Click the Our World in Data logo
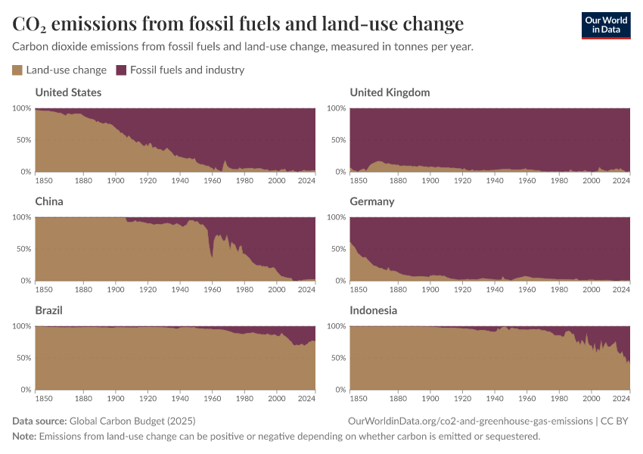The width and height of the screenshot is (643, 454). click(605, 25)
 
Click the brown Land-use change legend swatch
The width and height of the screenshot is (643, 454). click(17, 70)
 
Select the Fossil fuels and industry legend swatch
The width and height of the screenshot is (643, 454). click(121, 70)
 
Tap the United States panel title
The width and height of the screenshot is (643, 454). click(68, 92)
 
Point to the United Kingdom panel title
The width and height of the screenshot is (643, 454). click(390, 92)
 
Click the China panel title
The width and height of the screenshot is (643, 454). click(49, 201)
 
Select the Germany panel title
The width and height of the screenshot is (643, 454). click(372, 201)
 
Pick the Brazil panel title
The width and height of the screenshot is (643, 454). click(48, 310)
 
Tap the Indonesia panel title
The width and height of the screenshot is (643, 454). click(373, 310)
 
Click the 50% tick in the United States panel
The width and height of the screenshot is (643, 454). click(23, 140)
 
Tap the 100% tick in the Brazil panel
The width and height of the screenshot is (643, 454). click(21, 326)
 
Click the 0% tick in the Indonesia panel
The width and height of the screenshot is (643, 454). click(340, 390)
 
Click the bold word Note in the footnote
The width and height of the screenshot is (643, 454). click(23, 437)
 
